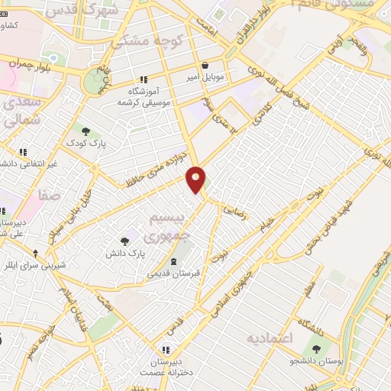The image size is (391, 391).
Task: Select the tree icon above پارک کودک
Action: point(85,131)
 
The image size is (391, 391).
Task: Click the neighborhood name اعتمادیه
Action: point(270,337)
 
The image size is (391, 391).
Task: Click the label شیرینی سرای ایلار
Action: point(36,265)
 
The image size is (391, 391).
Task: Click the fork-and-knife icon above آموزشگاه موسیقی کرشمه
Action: point(143,79)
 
